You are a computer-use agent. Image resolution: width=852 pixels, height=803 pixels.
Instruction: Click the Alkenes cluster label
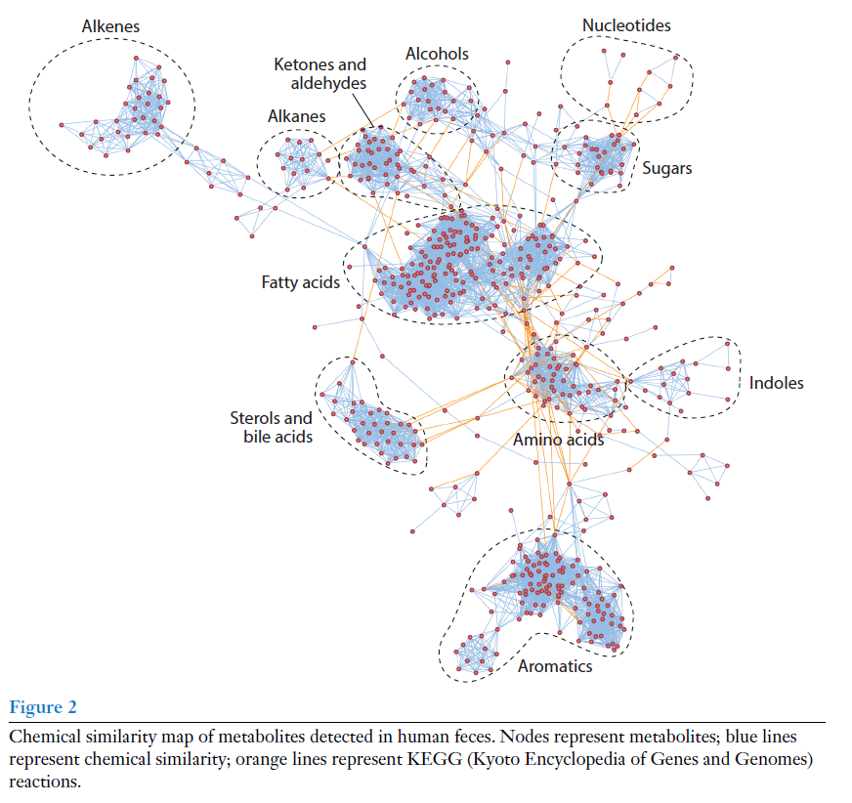pos(110,26)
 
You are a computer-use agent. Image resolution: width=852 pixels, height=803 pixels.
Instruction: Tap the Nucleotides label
pos(626,25)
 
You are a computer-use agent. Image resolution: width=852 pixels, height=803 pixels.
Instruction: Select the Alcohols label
pos(437,54)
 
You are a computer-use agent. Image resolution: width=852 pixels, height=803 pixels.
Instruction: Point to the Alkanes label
pos(297,116)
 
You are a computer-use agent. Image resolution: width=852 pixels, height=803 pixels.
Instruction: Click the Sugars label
pos(666,168)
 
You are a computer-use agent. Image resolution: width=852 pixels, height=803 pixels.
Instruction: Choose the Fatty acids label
pos(300,282)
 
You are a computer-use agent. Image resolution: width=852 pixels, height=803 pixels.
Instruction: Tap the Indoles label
pos(776,383)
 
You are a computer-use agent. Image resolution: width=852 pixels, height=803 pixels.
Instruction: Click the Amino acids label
pos(558,440)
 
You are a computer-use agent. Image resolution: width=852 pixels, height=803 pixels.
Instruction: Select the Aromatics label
pos(555,666)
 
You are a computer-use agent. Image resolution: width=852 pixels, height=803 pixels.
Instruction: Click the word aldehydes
pos(328,84)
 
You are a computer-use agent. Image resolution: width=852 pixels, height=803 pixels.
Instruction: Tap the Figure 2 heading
pos(43,707)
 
